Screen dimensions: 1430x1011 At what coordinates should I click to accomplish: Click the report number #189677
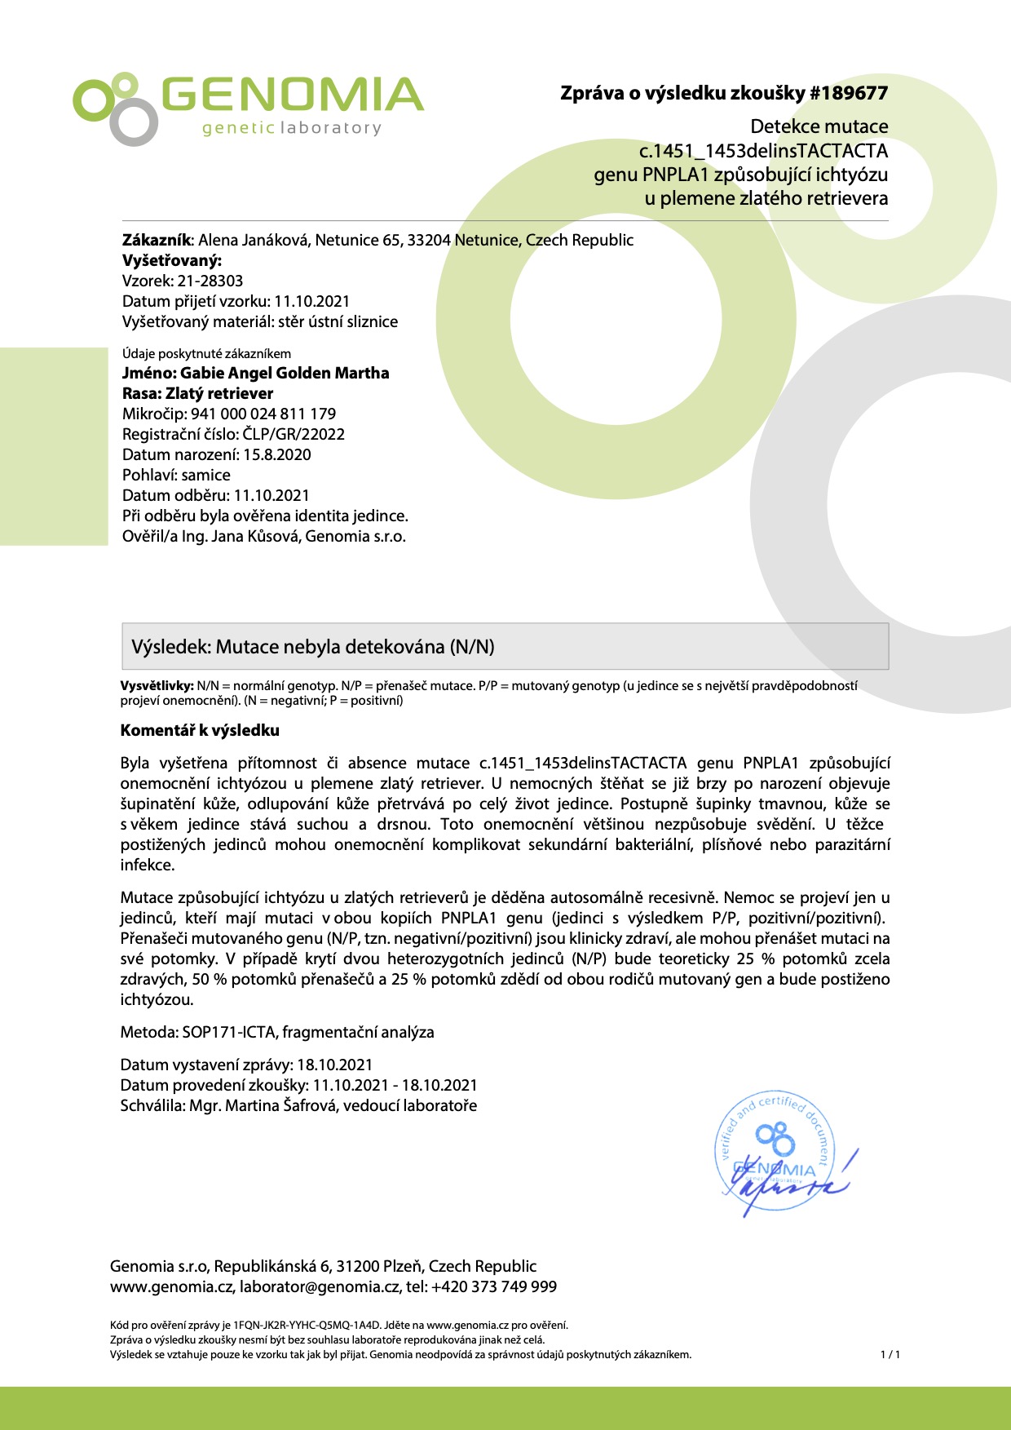point(848,93)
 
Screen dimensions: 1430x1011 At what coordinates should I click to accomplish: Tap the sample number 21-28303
point(210,281)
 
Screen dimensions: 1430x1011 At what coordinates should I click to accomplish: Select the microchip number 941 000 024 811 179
point(263,414)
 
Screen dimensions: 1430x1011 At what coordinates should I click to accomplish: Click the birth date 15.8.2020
point(276,454)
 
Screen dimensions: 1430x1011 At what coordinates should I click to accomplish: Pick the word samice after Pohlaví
point(205,475)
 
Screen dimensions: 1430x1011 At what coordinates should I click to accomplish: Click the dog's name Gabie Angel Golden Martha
point(285,373)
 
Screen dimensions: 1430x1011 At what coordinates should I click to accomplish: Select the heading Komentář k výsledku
point(200,730)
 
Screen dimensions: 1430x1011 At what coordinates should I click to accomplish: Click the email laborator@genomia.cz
point(320,1286)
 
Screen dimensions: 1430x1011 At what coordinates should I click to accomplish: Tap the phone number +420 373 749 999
point(494,1286)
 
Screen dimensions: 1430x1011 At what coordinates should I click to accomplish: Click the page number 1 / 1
point(890,1355)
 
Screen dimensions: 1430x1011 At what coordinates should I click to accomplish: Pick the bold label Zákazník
point(157,240)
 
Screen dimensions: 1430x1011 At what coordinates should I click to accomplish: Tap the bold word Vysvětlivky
point(157,686)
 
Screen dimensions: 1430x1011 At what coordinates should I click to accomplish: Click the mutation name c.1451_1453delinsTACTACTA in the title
point(763,151)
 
